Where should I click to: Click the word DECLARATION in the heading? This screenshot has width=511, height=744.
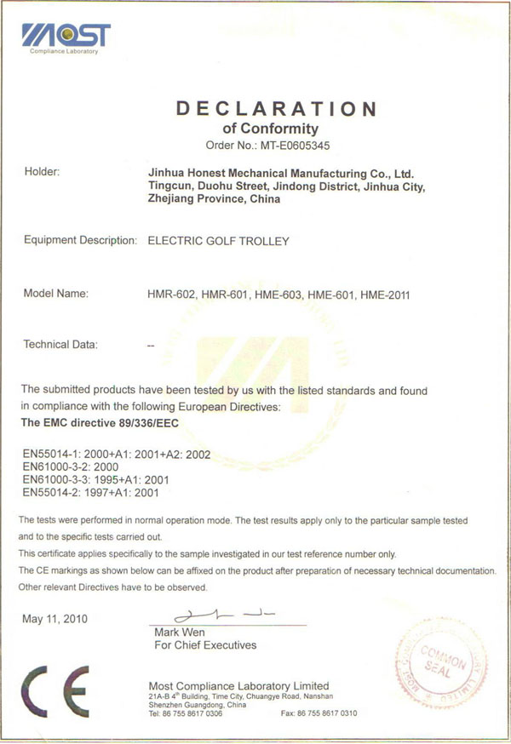point(275,108)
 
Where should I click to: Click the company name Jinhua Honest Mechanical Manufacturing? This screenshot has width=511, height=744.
point(281,173)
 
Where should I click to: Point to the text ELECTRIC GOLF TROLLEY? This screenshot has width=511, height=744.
point(219,241)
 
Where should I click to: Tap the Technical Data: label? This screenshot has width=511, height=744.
point(60,345)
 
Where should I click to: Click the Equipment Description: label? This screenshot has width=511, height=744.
point(80,241)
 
